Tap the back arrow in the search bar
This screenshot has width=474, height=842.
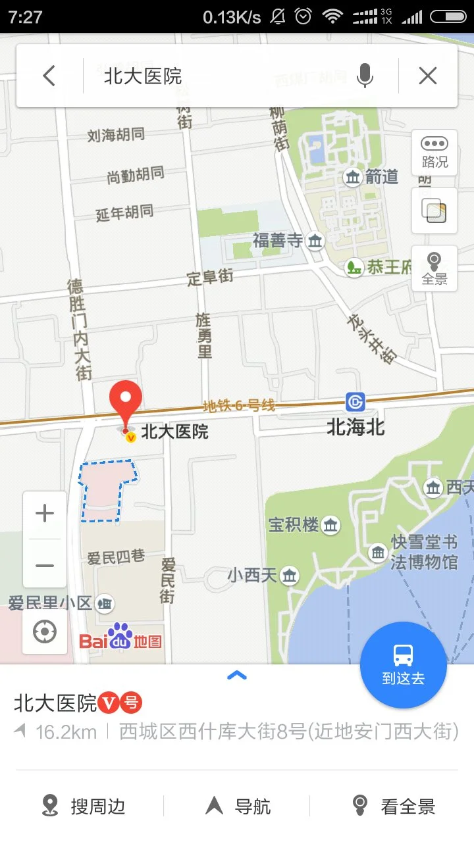(49, 76)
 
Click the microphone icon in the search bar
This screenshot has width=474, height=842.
(365, 76)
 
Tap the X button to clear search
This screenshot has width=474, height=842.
(428, 76)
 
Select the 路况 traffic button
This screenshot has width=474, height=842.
(434, 153)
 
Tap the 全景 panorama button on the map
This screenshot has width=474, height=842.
(434, 268)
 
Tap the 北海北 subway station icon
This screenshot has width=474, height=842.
(355, 401)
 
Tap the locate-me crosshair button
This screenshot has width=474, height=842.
(45, 632)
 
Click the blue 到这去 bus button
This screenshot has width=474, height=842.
(403, 664)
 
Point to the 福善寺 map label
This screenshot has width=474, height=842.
(278, 241)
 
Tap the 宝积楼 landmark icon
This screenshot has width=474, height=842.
(330, 524)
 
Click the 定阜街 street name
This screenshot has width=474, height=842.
(210, 278)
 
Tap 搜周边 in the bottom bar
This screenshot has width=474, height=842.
(84, 806)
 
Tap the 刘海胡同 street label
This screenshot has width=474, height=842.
(116, 136)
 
